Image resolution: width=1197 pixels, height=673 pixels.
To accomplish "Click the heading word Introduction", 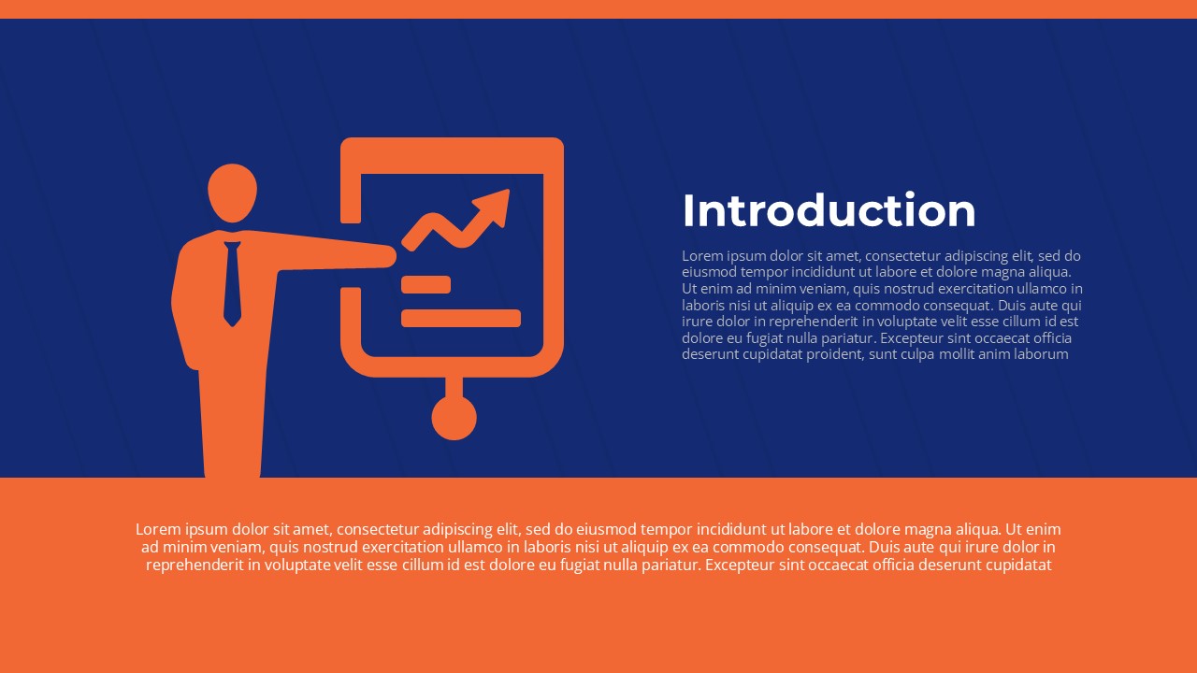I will (x=829, y=210).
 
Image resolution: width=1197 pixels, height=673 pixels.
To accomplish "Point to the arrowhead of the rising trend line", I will (x=495, y=205).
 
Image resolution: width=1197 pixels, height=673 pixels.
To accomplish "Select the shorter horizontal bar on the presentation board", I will (x=425, y=284).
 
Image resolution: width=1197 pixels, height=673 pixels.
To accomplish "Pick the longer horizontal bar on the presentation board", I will (x=460, y=318).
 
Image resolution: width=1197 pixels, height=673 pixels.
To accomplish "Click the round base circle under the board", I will (x=454, y=417).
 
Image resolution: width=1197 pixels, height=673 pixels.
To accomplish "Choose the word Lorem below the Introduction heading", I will (x=701, y=255).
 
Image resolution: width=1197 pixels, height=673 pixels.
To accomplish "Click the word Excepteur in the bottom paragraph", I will (x=738, y=565).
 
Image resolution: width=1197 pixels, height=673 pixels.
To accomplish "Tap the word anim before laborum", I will (x=997, y=354).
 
